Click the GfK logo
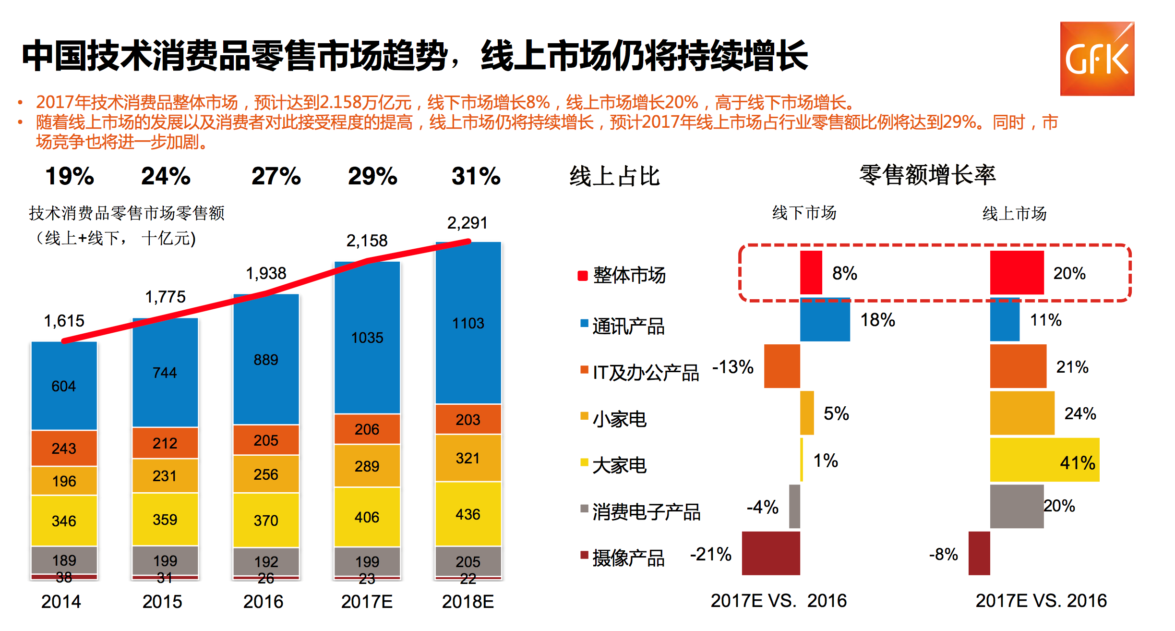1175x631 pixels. click(x=1097, y=59)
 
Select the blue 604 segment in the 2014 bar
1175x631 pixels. click(x=64, y=386)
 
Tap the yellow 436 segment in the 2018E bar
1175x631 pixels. click(x=468, y=514)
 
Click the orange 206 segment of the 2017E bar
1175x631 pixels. click(x=367, y=429)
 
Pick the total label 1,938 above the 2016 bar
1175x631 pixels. click(x=266, y=273)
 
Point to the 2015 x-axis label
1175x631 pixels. click(x=162, y=602)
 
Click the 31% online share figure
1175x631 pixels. click(x=476, y=176)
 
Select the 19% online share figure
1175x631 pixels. click(x=70, y=176)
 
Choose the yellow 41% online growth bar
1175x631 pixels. click(x=1044, y=460)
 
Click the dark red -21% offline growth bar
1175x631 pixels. click(x=771, y=553)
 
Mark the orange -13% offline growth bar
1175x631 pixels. click(x=782, y=366)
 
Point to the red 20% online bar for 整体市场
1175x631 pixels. click(x=1017, y=272)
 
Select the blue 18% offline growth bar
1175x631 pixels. click(x=825, y=319)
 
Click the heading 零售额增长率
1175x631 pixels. click(x=927, y=175)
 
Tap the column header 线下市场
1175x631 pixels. click(x=804, y=213)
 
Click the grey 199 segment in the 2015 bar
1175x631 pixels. click(x=165, y=560)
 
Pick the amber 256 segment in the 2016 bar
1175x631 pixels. click(x=266, y=474)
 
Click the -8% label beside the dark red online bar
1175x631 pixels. click(x=944, y=554)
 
